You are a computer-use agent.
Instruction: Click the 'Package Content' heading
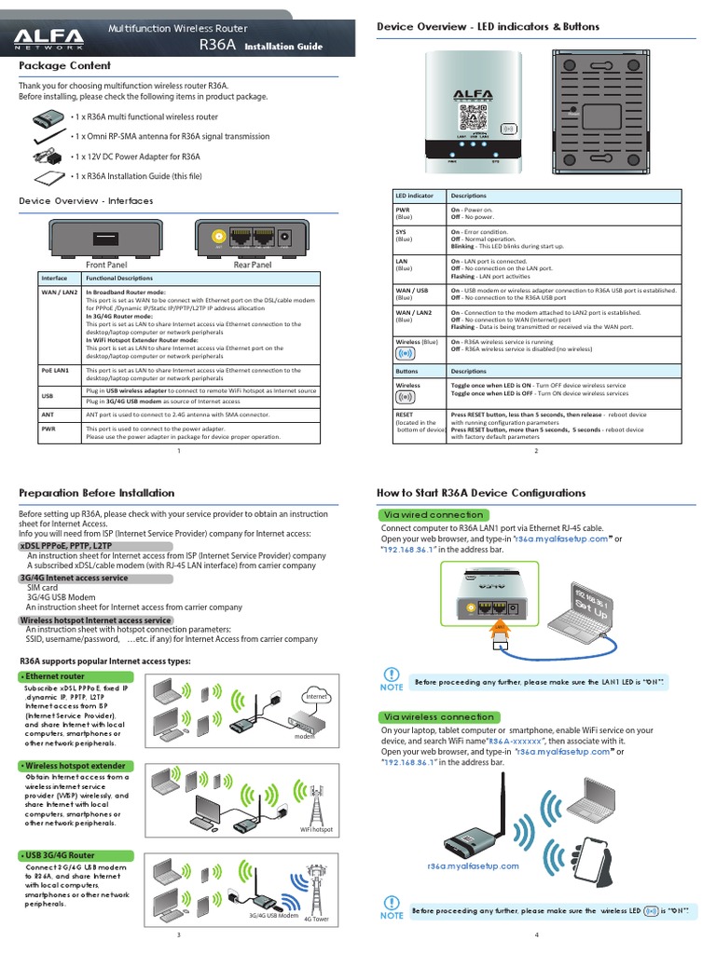(x=65, y=66)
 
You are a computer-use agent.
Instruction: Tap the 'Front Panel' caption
(x=105, y=265)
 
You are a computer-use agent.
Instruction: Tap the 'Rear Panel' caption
(x=252, y=265)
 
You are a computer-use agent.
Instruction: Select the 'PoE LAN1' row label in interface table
(x=55, y=371)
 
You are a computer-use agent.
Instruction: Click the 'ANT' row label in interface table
(x=48, y=413)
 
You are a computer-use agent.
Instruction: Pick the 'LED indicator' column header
(x=416, y=196)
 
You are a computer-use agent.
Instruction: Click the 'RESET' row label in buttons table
(x=405, y=413)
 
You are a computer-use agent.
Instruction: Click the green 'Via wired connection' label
(x=431, y=515)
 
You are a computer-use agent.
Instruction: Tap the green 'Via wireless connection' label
(x=437, y=716)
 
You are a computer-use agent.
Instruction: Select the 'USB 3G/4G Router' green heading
(x=59, y=855)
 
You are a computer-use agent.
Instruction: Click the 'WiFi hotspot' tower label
(x=316, y=829)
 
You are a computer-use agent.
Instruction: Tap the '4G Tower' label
(x=317, y=919)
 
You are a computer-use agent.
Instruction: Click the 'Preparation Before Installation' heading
(x=97, y=493)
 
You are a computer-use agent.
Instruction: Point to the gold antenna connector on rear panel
(x=220, y=238)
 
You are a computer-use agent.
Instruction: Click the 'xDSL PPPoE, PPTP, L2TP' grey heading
(x=66, y=545)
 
